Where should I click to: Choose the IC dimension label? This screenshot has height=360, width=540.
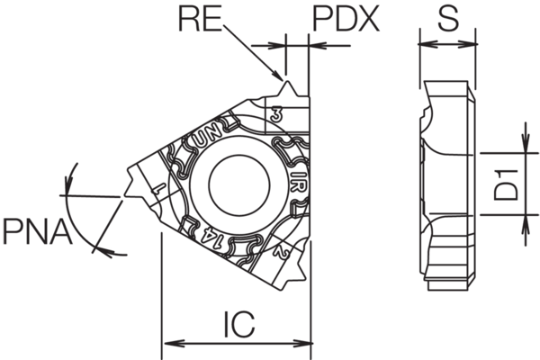238,321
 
